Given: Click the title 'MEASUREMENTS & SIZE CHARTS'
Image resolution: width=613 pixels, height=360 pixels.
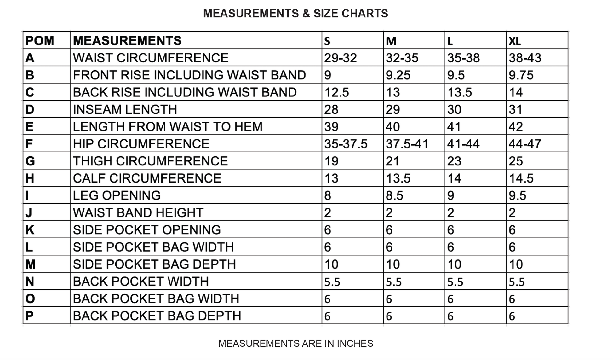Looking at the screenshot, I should (295, 14).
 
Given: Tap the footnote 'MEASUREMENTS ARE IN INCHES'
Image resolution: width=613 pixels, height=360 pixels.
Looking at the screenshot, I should (295, 343).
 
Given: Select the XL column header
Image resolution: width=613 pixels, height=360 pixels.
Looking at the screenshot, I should (515, 41).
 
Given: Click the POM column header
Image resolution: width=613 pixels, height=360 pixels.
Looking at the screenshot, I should (40, 41).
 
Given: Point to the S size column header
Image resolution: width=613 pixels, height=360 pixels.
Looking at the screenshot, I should (327, 41).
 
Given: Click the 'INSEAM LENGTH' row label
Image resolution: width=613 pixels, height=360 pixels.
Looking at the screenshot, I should (125, 110).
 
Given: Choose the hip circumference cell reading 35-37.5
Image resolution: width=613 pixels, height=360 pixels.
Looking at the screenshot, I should (346, 144).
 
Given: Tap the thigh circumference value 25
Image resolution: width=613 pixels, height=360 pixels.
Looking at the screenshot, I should (516, 161).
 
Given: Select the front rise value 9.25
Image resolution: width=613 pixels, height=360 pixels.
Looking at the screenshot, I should (398, 75).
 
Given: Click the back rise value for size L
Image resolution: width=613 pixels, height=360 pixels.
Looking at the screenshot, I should (460, 92).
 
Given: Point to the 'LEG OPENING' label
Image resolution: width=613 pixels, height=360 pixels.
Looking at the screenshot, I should (117, 196).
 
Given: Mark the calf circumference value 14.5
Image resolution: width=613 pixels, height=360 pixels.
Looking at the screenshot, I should (521, 178).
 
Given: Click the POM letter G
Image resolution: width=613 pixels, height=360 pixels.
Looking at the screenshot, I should (30, 161).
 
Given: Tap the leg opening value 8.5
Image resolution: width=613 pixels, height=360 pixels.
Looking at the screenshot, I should (394, 196).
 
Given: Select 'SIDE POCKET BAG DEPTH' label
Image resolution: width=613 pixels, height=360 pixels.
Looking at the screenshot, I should (154, 264).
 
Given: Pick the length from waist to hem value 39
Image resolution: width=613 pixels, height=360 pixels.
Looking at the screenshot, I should (331, 127).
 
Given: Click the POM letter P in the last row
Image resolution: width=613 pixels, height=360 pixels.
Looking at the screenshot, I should (29, 316).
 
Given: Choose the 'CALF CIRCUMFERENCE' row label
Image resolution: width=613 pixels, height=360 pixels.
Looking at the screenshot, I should (147, 178).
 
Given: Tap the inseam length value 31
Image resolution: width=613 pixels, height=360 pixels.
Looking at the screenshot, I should (515, 110).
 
